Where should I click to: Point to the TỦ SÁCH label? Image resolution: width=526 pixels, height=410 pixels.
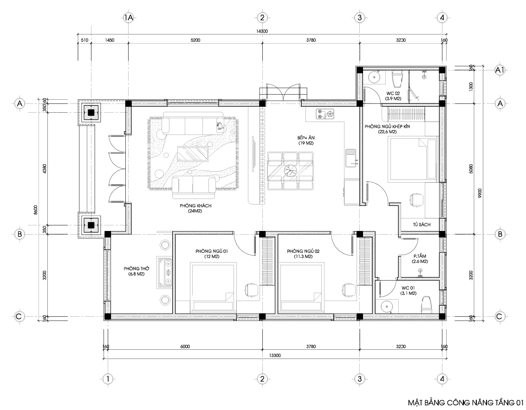pyautogui.click(x=422, y=224)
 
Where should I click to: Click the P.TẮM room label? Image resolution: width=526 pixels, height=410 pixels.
pyautogui.click(x=420, y=258)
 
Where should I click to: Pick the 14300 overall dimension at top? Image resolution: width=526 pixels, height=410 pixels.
pyautogui.click(x=262, y=32)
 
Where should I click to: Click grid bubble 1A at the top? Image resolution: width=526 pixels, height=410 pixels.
pyautogui.click(x=129, y=18)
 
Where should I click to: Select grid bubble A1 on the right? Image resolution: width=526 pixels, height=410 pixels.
pyautogui.click(x=500, y=70)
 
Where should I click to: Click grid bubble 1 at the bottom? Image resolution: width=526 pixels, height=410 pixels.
pyautogui.click(x=107, y=378)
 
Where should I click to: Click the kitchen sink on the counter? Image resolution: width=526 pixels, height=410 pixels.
pyautogui.click(x=351, y=157)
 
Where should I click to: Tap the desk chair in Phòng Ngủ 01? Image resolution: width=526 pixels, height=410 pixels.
pyautogui.click(x=251, y=289)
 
